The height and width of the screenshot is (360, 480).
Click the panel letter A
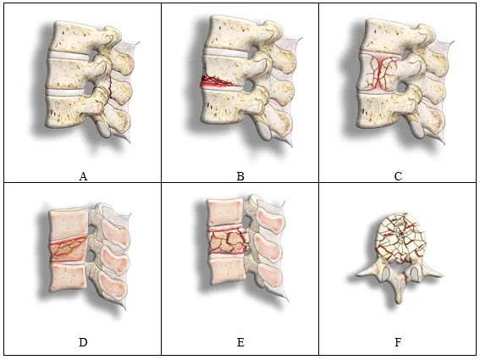click(x=83, y=176)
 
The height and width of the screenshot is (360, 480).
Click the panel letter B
click(x=240, y=176)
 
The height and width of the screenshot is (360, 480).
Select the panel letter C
click(x=398, y=176)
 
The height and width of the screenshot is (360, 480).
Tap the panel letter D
click(x=83, y=342)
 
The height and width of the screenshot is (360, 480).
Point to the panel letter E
click(x=240, y=342)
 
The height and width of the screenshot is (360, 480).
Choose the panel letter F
click(x=398, y=342)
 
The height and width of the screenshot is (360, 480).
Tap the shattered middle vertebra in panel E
click(x=228, y=242)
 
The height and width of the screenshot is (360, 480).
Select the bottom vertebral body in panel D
click(x=68, y=277)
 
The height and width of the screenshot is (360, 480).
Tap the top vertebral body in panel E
click(x=225, y=213)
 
